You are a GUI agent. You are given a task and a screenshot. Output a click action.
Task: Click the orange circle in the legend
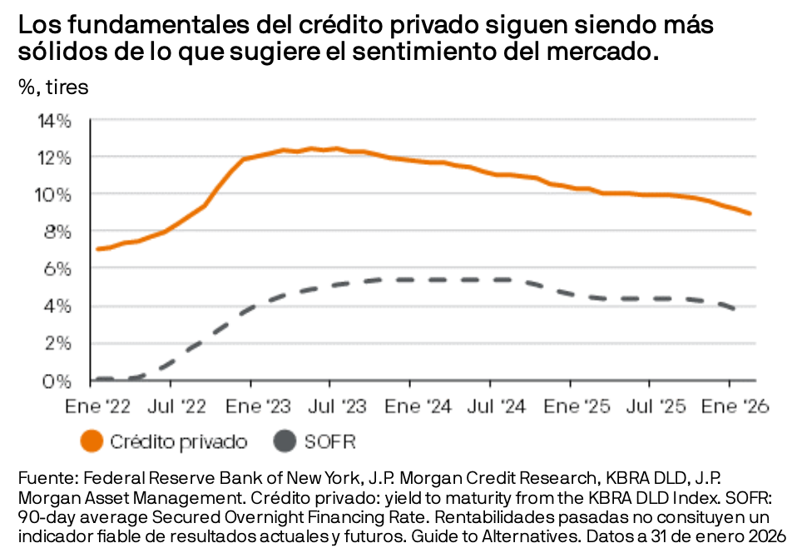pos(92,441)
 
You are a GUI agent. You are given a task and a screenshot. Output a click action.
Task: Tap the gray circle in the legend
pos(285,441)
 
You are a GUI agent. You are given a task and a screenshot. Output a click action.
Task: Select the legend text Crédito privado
pos(178,441)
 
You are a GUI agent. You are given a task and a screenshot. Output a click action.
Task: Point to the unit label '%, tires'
pos(53,86)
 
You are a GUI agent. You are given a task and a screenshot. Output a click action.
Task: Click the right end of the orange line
pos(750,213)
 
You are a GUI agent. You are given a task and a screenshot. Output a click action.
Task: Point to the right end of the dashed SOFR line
pos(734,309)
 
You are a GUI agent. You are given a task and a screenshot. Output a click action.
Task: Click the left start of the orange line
pos(98,248)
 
